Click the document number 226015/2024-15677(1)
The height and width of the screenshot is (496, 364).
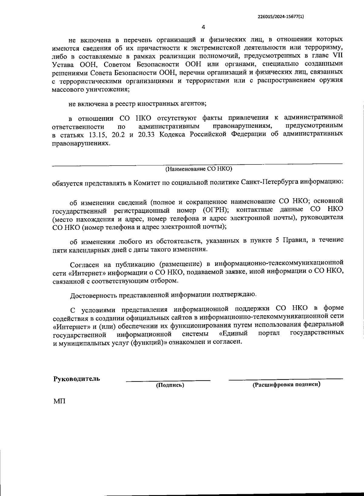pos(280,17)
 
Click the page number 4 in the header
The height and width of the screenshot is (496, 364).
pos(204,27)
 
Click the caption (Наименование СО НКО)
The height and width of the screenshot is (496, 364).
pos(199,169)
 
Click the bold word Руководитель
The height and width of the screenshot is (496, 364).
pos(76,379)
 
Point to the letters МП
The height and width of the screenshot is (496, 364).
pos(59,402)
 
